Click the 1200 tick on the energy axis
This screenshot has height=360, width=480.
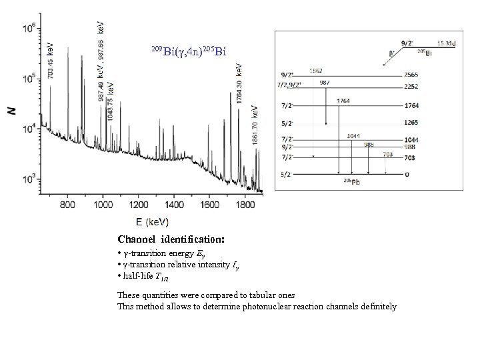[x=138, y=206]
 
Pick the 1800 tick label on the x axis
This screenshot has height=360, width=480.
[x=245, y=206]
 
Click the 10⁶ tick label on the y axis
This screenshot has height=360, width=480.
[x=29, y=29]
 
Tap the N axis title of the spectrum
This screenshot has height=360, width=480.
[x=11, y=110]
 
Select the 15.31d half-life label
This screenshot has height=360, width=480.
[x=446, y=43]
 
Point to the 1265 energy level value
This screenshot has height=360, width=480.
[x=412, y=123]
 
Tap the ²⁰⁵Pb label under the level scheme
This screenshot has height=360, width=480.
[x=351, y=182]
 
